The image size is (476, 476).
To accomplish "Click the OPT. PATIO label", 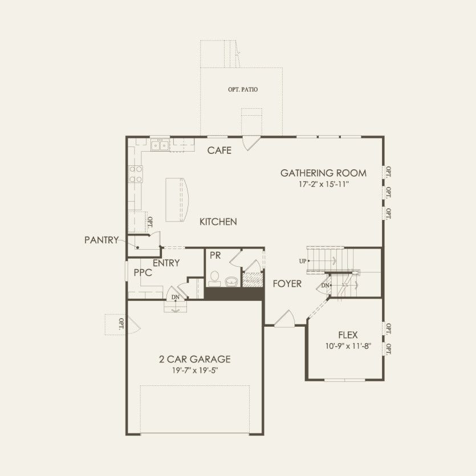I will (x=242, y=90).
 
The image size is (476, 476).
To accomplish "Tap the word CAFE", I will (x=219, y=150).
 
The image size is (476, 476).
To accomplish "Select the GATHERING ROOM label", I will (x=323, y=173).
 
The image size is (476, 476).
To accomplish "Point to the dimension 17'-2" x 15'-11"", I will (x=323, y=184).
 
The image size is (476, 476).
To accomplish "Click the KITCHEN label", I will (x=218, y=222).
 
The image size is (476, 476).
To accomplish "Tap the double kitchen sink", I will (x=160, y=145).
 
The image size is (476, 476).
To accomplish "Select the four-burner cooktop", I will (x=136, y=174).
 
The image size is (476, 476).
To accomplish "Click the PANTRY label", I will (x=101, y=240).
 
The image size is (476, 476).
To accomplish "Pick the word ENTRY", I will (x=166, y=263).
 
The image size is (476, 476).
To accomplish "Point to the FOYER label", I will (x=286, y=283).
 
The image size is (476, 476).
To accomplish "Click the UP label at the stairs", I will (x=302, y=261).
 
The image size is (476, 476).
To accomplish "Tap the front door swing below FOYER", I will (x=284, y=319).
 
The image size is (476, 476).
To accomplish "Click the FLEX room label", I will (x=348, y=335).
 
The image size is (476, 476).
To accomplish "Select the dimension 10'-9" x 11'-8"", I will (x=348, y=345).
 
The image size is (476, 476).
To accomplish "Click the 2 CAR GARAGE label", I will (x=195, y=359).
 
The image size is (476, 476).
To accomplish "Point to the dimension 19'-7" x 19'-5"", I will (x=195, y=370).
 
